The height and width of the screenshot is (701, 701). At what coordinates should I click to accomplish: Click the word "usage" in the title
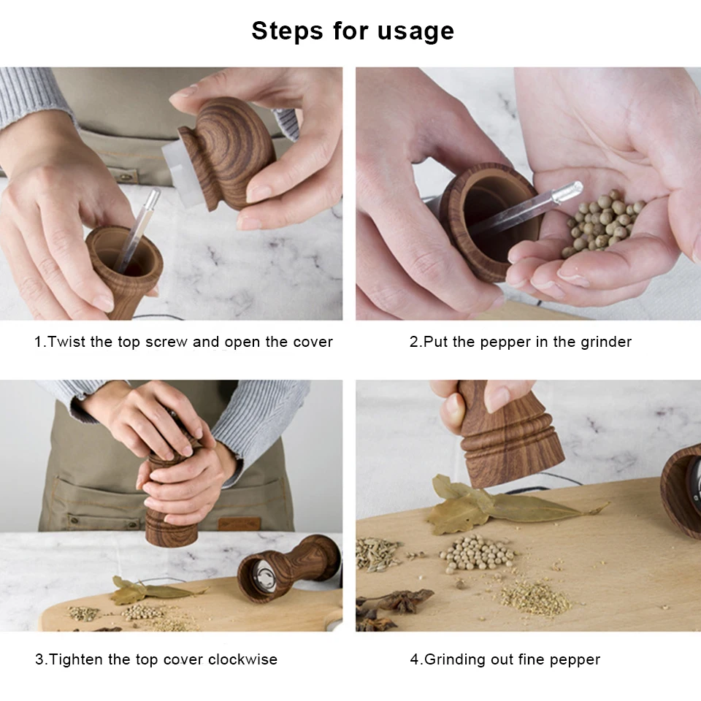[x=415, y=32]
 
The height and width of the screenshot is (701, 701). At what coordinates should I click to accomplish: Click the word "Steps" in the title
[x=287, y=31]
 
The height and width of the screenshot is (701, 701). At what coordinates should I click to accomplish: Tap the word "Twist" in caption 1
[x=66, y=342]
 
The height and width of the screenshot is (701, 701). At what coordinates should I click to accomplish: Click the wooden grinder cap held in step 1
[x=227, y=151]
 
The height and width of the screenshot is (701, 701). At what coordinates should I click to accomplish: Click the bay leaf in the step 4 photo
[x=501, y=505]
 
